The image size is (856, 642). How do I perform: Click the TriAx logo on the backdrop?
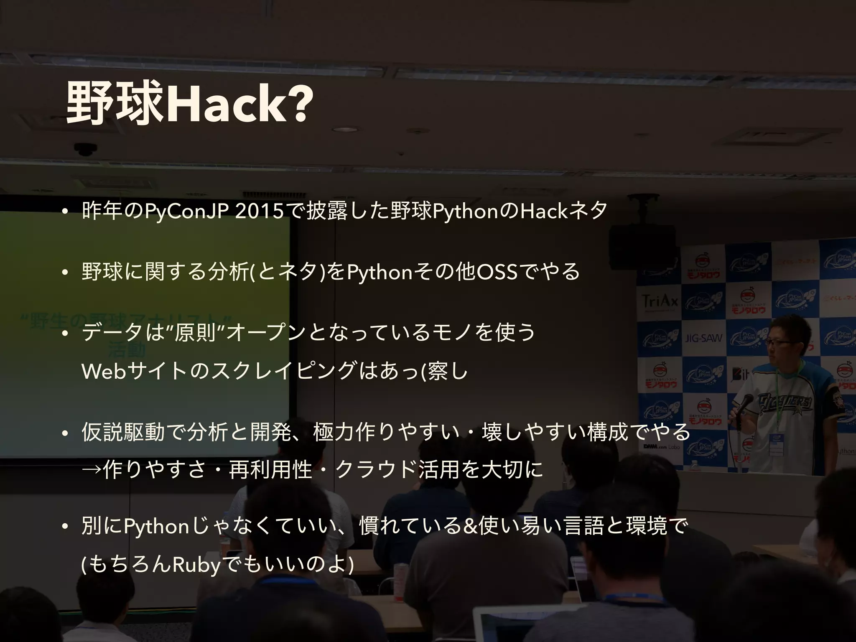pyautogui.click(x=660, y=301)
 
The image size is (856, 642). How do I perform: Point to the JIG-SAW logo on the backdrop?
pyautogui.click(x=703, y=338)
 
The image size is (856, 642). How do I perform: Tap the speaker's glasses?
pyautogui.click(x=780, y=342)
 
